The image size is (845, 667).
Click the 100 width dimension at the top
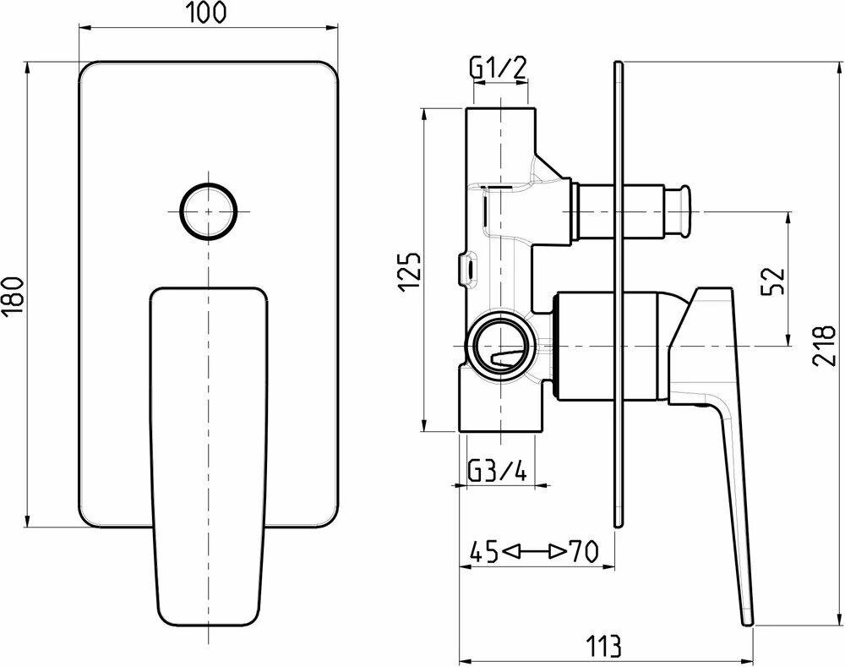click(x=209, y=13)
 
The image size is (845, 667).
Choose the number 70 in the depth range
click(x=583, y=553)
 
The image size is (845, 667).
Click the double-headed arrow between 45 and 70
click(x=532, y=553)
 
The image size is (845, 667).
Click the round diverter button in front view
click(x=209, y=210)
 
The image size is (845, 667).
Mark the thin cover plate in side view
click(x=619, y=296)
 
